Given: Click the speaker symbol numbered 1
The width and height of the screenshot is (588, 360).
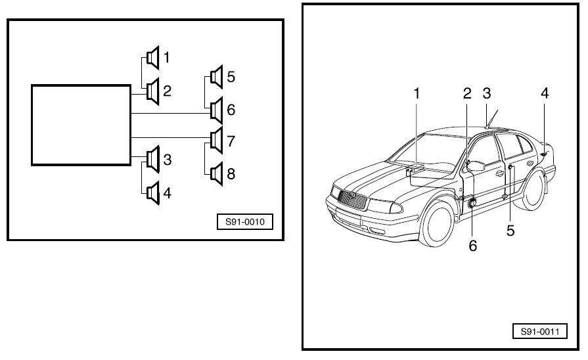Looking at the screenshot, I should coord(152,58).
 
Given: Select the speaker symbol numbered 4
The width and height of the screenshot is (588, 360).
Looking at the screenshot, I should coord(152,193).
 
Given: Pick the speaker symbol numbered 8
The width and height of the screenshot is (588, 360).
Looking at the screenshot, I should coord(216,173).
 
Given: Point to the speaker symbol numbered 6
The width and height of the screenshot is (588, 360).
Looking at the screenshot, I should coord(216,110).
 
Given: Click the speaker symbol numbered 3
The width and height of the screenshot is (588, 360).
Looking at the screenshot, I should coord(152,160).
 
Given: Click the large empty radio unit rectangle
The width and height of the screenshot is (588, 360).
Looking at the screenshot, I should coord(81,124).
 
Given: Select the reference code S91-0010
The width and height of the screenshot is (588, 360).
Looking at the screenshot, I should coord(244,222).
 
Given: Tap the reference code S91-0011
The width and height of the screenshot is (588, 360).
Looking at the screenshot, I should coord(539,331).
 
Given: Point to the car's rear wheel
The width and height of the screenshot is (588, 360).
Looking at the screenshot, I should coord(533,191).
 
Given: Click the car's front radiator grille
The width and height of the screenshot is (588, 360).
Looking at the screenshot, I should coord(351,198).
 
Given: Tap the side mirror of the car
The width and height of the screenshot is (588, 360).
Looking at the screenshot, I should coord(474,166).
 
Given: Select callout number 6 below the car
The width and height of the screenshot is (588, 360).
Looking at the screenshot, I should coord(473,246).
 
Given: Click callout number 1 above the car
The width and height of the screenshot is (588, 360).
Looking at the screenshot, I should coord(416,94).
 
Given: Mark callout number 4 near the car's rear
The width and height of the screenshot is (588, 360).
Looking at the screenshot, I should coord(545,93).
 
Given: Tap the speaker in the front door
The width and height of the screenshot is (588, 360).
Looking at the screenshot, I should coord(472,205).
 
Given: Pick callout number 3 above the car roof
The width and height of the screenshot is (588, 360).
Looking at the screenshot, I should coord(486,93).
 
